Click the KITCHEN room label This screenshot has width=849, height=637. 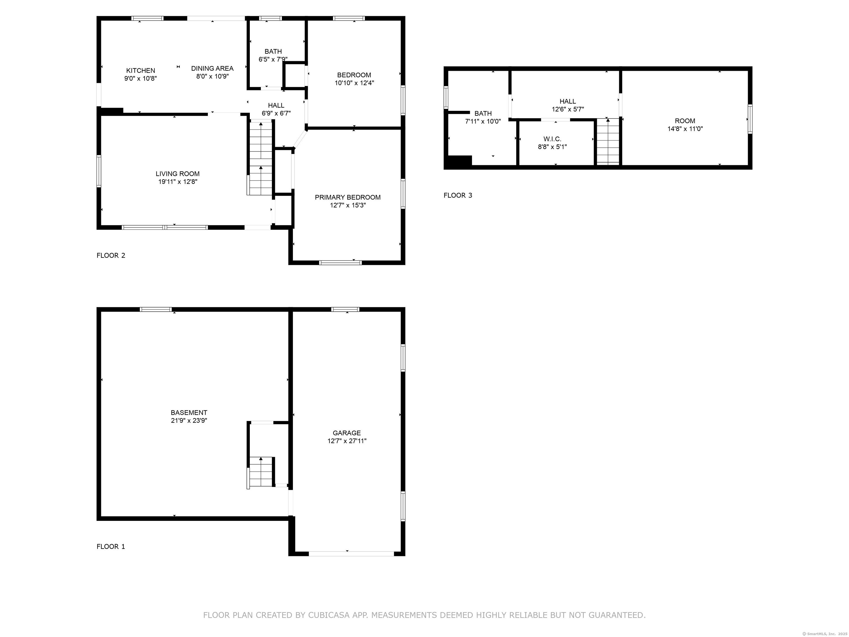pyautogui.click(x=140, y=71)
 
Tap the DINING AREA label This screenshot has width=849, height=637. pyautogui.click(x=212, y=68)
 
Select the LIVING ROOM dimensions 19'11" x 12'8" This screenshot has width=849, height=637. pyautogui.click(x=178, y=182)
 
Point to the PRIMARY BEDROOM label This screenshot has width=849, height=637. pyautogui.click(x=348, y=197)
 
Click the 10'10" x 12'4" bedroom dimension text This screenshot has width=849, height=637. pyautogui.click(x=354, y=83)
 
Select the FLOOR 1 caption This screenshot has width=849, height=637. pyautogui.click(x=111, y=546)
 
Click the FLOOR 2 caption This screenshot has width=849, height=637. pyautogui.click(x=111, y=255)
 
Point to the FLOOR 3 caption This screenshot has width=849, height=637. pyautogui.click(x=458, y=195)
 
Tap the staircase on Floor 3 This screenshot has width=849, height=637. pyautogui.click(x=608, y=141)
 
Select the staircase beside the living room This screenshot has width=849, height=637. pyautogui.click(x=260, y=158)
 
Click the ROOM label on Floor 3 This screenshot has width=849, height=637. pyautogui.click(x=685, y=121)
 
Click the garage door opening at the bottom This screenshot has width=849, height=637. pyautogui.click(x=351, y=554)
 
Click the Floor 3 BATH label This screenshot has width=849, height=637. pyautogui.click(x=483, y=114)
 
